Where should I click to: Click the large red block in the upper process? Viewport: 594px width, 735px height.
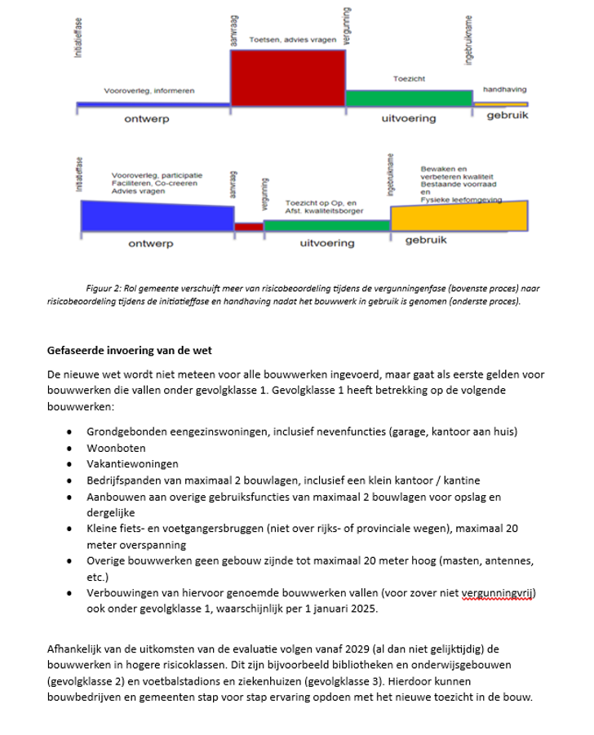coord(287,78)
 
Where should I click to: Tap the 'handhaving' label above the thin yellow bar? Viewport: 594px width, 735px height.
coord(504,90)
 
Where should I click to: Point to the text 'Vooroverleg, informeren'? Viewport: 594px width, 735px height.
coord(148,91)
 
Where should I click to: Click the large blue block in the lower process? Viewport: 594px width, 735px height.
coord(156,215)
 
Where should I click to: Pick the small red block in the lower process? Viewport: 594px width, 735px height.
coord(248,227)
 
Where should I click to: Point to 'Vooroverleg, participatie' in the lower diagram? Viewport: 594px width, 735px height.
coord(157,175)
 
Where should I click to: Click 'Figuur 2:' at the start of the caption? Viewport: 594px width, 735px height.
coord(104,289)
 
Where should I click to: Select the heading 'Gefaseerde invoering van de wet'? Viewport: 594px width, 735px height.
coord(130,351)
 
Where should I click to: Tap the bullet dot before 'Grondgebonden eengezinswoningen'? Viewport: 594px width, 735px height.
coord(72,432)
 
